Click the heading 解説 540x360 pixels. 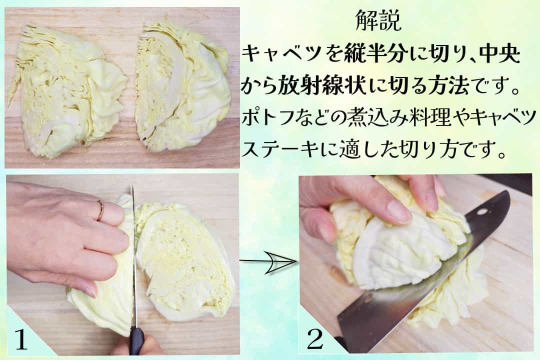point(378,20)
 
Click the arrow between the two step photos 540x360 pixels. point(268,262)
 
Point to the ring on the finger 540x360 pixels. point(100,210)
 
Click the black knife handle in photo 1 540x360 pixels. point(136,341)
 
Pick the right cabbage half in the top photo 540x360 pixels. point(182,86)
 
